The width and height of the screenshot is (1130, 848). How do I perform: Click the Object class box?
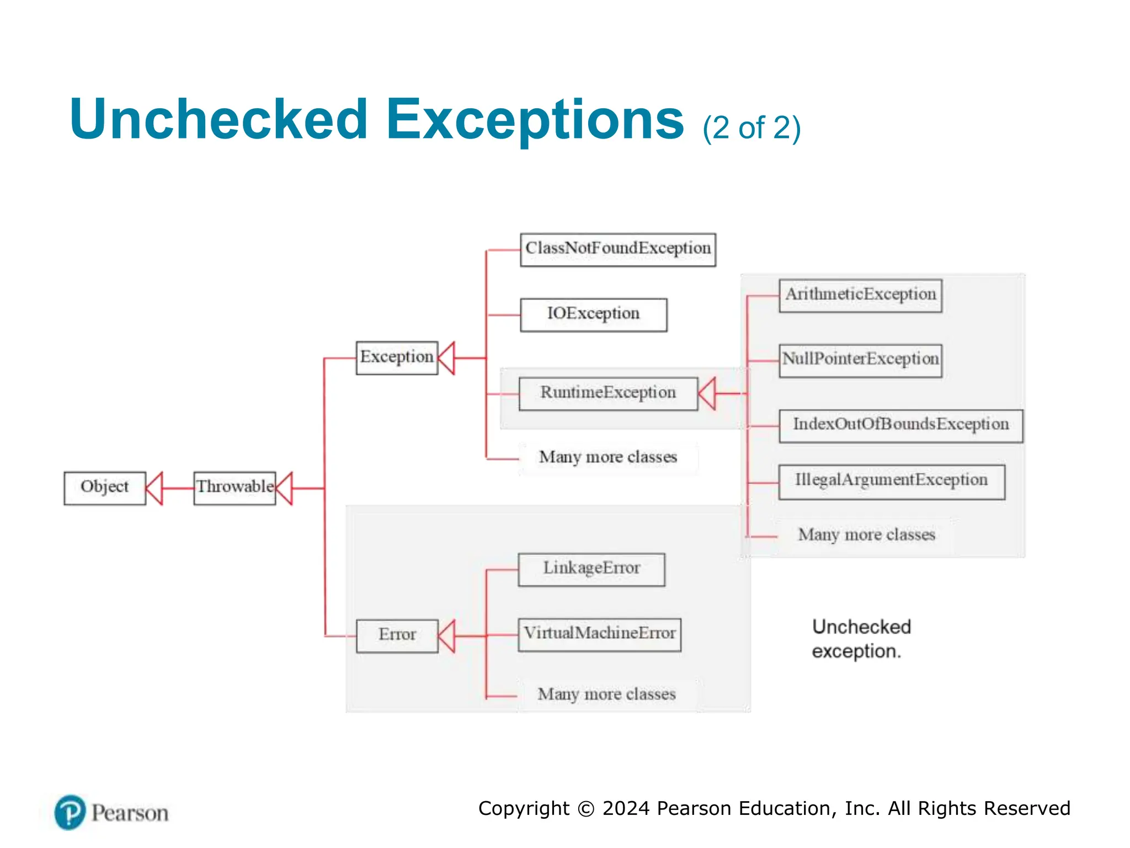(105, 488)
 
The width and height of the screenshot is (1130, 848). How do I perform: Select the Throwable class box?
(234, 488)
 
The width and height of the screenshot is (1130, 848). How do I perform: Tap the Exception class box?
(397, 358)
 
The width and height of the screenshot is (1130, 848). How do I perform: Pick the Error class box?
(397, 635)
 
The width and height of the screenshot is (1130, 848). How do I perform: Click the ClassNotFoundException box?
(618, 250)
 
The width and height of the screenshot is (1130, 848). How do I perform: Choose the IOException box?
(593, 315)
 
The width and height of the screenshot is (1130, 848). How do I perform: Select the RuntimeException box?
(608, 394)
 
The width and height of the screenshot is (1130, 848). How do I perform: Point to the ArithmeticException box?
(860, 295)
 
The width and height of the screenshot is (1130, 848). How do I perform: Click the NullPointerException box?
(860, 361)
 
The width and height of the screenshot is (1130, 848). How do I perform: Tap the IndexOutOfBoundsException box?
(900, 426)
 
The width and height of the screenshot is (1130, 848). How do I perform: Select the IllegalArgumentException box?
(891, 482)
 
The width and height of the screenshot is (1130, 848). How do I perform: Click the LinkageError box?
(591, 569)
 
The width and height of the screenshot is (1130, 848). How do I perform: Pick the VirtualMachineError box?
(599, 634)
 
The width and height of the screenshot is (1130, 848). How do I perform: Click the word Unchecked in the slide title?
(218, 120)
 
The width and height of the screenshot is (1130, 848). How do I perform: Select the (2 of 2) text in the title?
(751, 128)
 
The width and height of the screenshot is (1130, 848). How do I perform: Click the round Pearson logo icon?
(70, 812)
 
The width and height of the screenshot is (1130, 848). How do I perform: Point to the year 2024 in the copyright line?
(626, 808)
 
